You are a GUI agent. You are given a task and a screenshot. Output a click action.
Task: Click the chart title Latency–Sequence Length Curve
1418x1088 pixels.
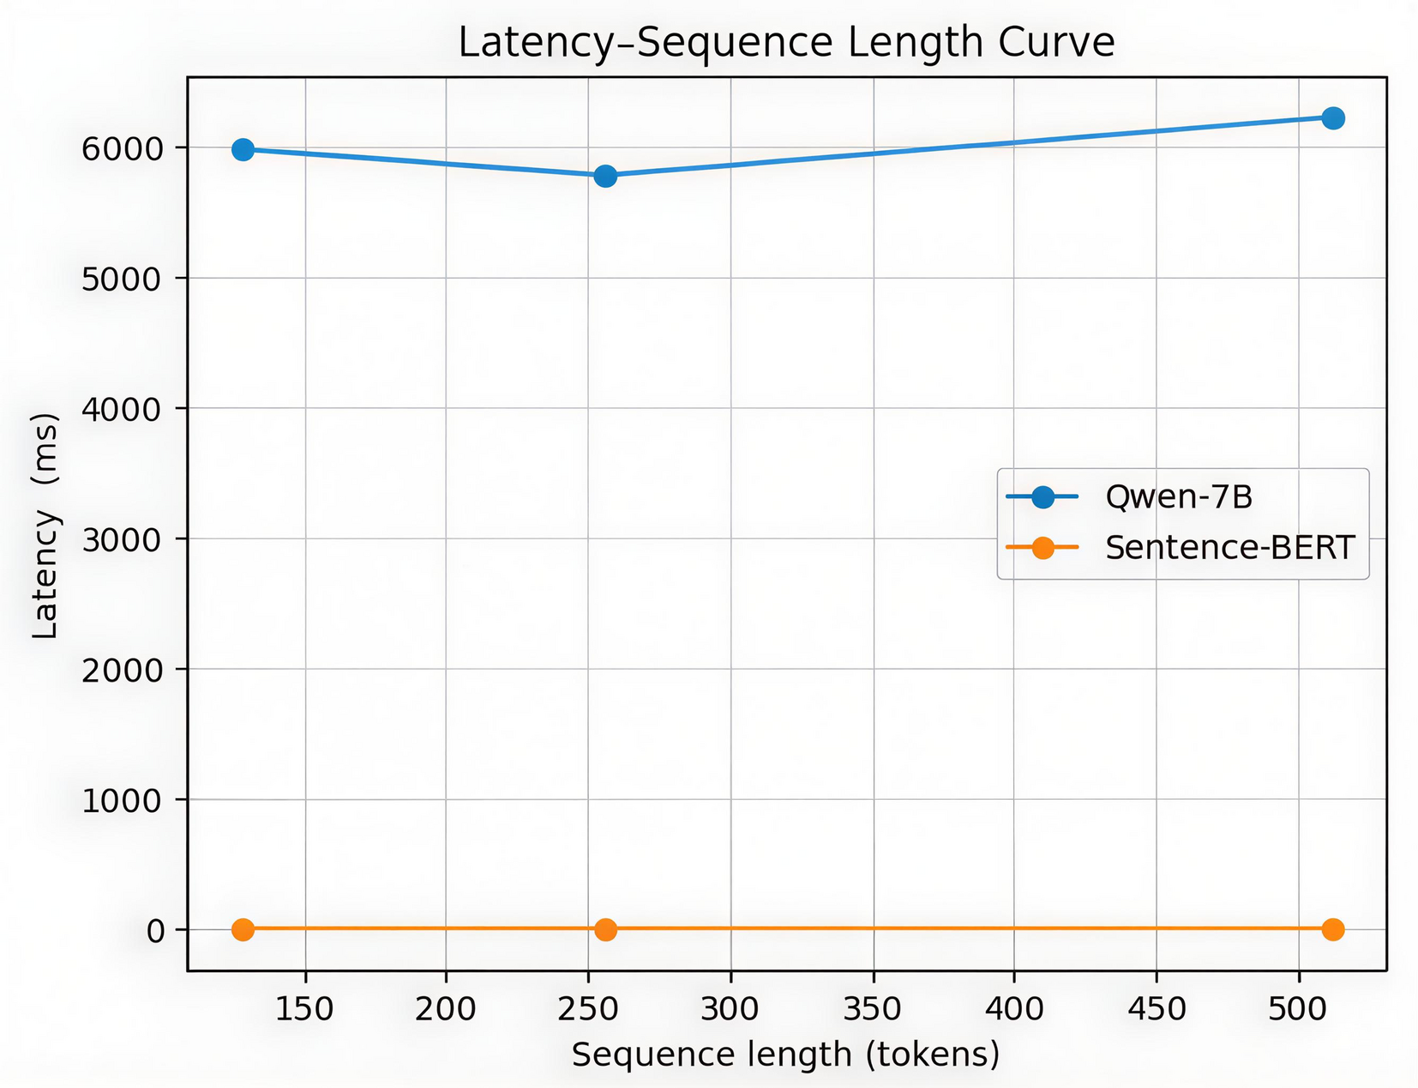tap(786, 43)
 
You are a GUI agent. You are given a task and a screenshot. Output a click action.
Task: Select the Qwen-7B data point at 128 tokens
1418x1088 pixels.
tap(243, 150)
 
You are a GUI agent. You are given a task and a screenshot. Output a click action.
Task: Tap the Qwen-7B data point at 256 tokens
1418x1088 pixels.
tap(605, 176)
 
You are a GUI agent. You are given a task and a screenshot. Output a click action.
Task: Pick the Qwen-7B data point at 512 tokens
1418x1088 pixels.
tap(1332, 118)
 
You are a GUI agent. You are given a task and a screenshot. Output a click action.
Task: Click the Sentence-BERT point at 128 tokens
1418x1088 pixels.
tap(243, 929)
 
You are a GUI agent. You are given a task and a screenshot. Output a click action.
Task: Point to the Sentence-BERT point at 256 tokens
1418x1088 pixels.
tap(605, 929)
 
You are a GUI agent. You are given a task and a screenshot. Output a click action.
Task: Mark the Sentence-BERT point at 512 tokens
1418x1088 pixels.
tap(1332, 929)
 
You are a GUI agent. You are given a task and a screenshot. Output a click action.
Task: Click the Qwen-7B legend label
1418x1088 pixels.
tap(1179, 497)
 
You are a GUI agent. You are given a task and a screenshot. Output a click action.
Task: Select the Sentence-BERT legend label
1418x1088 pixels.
tap(1229, 548)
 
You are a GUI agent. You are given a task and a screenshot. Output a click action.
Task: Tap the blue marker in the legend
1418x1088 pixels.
tap(1042, 497)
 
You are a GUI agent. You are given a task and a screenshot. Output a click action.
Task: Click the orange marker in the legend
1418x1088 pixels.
tap(1042, 548)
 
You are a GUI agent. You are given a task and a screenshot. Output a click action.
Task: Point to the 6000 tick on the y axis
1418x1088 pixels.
tap(122, 149)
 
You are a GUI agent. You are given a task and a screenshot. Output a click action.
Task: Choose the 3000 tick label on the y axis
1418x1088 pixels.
tap(122, 540)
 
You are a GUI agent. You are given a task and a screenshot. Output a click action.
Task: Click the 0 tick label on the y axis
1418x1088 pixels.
tap(155, 931)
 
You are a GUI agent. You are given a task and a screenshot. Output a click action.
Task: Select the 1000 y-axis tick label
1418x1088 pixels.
tap(122, 801)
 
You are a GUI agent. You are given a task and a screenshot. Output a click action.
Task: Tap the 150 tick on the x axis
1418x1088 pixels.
tap(304, 1009)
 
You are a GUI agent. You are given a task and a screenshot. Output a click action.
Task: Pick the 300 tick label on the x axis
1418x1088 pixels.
tap(730, 1009)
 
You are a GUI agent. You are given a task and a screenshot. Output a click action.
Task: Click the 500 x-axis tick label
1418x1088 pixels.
tap(1298, 1009)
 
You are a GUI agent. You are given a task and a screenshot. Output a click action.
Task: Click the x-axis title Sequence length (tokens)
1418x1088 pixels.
tap(786, 1055)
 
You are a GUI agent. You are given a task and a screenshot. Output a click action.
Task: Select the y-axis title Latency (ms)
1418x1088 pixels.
tap(45, 526)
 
